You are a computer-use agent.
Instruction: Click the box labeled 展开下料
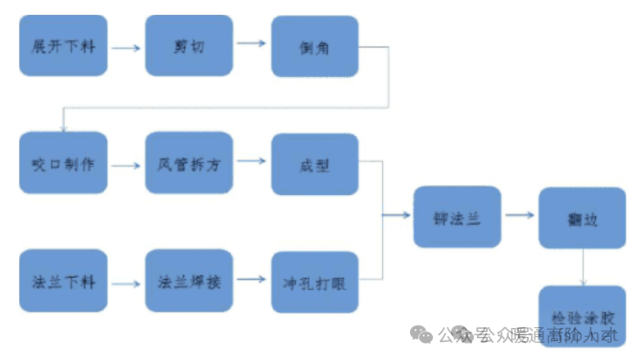coord(63,46)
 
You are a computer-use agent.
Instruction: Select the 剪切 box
coord(189,46)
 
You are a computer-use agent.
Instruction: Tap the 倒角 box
coord(315,47)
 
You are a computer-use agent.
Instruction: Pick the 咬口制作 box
coord(63,164)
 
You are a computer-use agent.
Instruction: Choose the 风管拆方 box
coord(189,164)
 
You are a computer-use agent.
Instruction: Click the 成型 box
coord(315,164)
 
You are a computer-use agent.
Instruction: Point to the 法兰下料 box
coord(63,281)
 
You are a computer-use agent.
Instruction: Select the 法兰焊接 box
coord(189,281)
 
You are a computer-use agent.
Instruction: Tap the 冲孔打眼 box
coord(315,282)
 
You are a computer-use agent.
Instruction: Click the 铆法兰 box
coord(457,217)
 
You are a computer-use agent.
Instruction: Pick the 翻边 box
coord(582,217)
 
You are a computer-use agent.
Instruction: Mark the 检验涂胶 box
coord(582,316)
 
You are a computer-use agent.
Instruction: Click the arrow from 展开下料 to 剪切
coord(125,48)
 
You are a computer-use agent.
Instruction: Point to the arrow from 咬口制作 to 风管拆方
coord(125,165)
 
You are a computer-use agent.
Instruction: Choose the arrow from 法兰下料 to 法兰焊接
coord(125,284)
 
